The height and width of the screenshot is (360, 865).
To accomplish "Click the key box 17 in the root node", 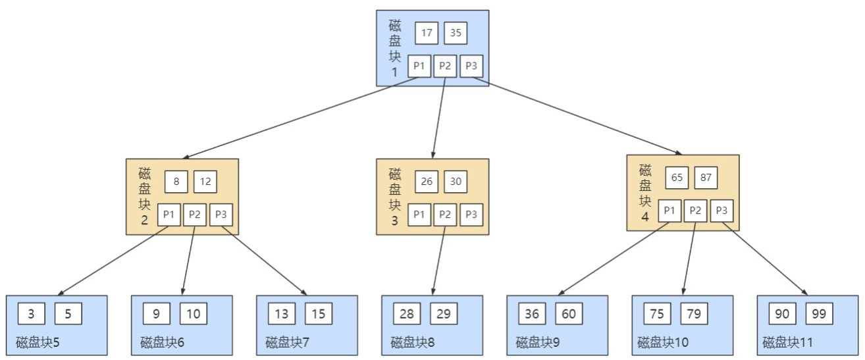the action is coord(427,33).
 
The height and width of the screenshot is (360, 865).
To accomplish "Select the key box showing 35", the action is coord(456,33).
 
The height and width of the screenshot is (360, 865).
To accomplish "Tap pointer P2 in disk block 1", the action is coord(445,66).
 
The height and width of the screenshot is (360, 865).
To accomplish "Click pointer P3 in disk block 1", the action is coord(471,66).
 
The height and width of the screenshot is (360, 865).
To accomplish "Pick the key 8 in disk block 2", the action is coord(176,182).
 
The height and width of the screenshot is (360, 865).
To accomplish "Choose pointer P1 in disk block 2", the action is coord(169,215).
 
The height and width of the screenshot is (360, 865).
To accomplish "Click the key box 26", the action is coord(427,182).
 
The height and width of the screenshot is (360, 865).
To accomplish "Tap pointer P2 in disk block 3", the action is coord(445,215).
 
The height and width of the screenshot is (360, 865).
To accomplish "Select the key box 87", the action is coord(706,178).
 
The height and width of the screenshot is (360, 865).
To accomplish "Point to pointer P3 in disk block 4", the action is coord(721,211).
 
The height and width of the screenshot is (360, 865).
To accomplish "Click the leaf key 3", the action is coord(32,314).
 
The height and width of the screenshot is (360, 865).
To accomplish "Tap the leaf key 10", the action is coord(194,314).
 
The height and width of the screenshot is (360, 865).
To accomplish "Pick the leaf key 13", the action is coord(282,314).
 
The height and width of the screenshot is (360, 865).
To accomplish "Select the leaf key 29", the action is coord(444,314).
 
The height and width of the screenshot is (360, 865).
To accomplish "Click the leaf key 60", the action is coord(569,314).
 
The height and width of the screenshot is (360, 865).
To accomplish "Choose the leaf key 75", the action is coord(657,314).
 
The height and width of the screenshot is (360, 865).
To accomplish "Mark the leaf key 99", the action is coord(819,314).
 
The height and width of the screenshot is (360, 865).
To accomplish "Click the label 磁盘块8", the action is coord(412,342).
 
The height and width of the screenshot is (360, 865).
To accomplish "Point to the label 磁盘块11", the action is coord(787,342).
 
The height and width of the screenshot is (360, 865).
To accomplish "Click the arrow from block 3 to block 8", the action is coord(438,261).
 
